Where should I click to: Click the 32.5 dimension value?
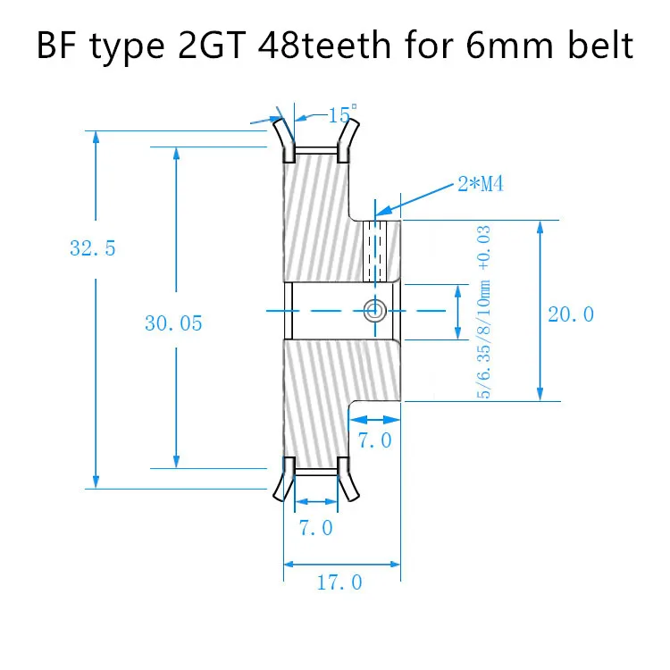tap(93, 248)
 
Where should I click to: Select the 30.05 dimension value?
tap(173, 323)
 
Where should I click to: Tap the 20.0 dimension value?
tap(571, 314)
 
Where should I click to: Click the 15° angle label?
tap(340, 115)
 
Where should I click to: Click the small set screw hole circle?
tap(374, 310)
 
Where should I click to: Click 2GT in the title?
tap(204, 44)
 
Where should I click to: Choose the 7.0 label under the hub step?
tap(373, 440)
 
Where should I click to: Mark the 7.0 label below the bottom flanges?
tap(315, 528)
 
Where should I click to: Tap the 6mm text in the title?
tap(514, 44)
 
